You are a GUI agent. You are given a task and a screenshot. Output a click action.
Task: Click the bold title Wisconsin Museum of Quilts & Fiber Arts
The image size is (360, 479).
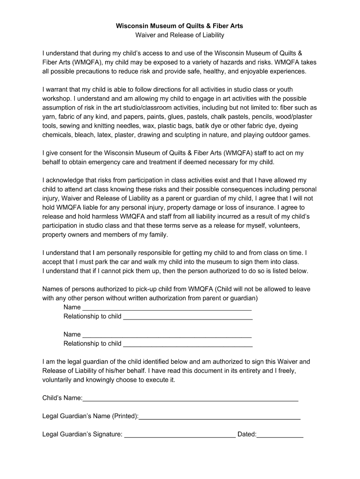[x=180, y=26]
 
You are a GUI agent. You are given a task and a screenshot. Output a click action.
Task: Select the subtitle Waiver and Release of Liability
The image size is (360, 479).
[x=180, y=35]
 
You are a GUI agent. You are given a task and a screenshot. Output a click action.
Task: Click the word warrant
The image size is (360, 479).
[x=59, y=89]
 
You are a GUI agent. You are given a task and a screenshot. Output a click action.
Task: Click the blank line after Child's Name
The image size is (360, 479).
[x=190, y=399]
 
